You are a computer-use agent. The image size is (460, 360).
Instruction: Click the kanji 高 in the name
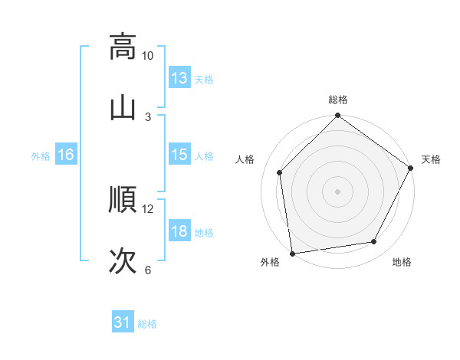click(x=123, y=46)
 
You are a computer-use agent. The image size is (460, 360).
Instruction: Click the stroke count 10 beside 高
click(x=148, y=56)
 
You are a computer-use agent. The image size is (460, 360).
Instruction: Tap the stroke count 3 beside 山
click(x=148, y=116)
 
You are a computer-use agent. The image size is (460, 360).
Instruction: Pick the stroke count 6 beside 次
click(x=148, y=270)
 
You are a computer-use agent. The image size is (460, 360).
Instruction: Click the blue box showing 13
click(x=179, y=78)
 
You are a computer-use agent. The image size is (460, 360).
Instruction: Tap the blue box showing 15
click(x=179, y=155)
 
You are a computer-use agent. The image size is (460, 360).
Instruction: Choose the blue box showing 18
click(x=179, y=231)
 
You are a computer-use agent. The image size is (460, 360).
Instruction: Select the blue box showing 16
click(x=66, y=155)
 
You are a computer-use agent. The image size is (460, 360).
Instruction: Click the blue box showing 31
click(x=123, y=323)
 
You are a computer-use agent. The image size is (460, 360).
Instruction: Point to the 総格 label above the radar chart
click(x=338, y=100)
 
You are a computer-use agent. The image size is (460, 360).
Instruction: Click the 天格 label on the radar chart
click(x=431, y=159)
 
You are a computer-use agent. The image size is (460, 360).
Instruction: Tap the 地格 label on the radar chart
click(x=402, y=263)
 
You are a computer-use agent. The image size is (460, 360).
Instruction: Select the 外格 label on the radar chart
click(x=270, y=263)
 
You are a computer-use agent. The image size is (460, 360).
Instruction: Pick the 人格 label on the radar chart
click(x=245, y=159)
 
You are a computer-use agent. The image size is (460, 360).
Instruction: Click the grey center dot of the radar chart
click(x=338, y=191)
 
